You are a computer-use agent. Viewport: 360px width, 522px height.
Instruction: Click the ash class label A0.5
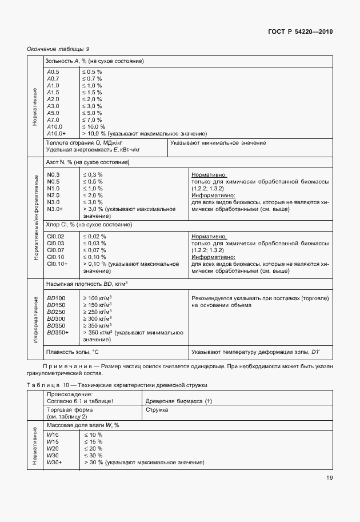[53, 71]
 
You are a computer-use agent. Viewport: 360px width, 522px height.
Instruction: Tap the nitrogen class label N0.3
[54, 174]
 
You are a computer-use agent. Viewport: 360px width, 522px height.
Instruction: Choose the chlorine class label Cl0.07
[56, 250]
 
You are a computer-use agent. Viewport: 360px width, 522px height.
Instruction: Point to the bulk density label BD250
[56, 312]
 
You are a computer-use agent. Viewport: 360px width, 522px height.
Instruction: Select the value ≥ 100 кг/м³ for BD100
[97, 298]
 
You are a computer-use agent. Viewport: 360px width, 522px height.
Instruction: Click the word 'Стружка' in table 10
[156, 409]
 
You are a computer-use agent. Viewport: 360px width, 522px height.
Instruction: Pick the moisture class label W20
[53, 449]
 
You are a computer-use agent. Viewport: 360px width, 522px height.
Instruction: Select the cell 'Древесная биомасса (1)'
[178, 401]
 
